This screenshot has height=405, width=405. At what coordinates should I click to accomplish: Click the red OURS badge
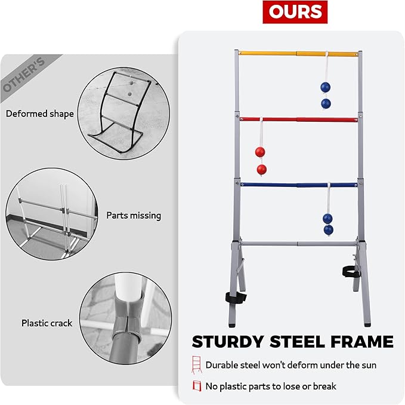click(x=295, y=12)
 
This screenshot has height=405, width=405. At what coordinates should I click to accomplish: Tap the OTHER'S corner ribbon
click(x=24, y=75)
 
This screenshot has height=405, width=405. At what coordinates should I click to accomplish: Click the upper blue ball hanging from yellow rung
click(x=325, y=87)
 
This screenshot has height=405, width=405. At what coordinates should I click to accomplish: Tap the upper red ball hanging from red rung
click(x=260, y=152)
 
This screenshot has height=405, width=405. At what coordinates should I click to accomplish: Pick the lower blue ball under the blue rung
click(x=328, y=229)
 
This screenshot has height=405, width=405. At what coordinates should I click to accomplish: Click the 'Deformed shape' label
click(x=40, y=113)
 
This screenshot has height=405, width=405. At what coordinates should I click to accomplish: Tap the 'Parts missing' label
click(x=134, y=215)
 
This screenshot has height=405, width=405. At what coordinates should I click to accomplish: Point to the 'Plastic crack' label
click(x=47, y=323)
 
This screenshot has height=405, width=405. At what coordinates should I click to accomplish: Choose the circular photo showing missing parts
click(x=51, y=215)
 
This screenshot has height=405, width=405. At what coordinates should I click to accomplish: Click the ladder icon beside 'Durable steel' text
click(x=196, y=364)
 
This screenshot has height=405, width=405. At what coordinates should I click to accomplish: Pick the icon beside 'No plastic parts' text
click(x=196, y=386)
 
